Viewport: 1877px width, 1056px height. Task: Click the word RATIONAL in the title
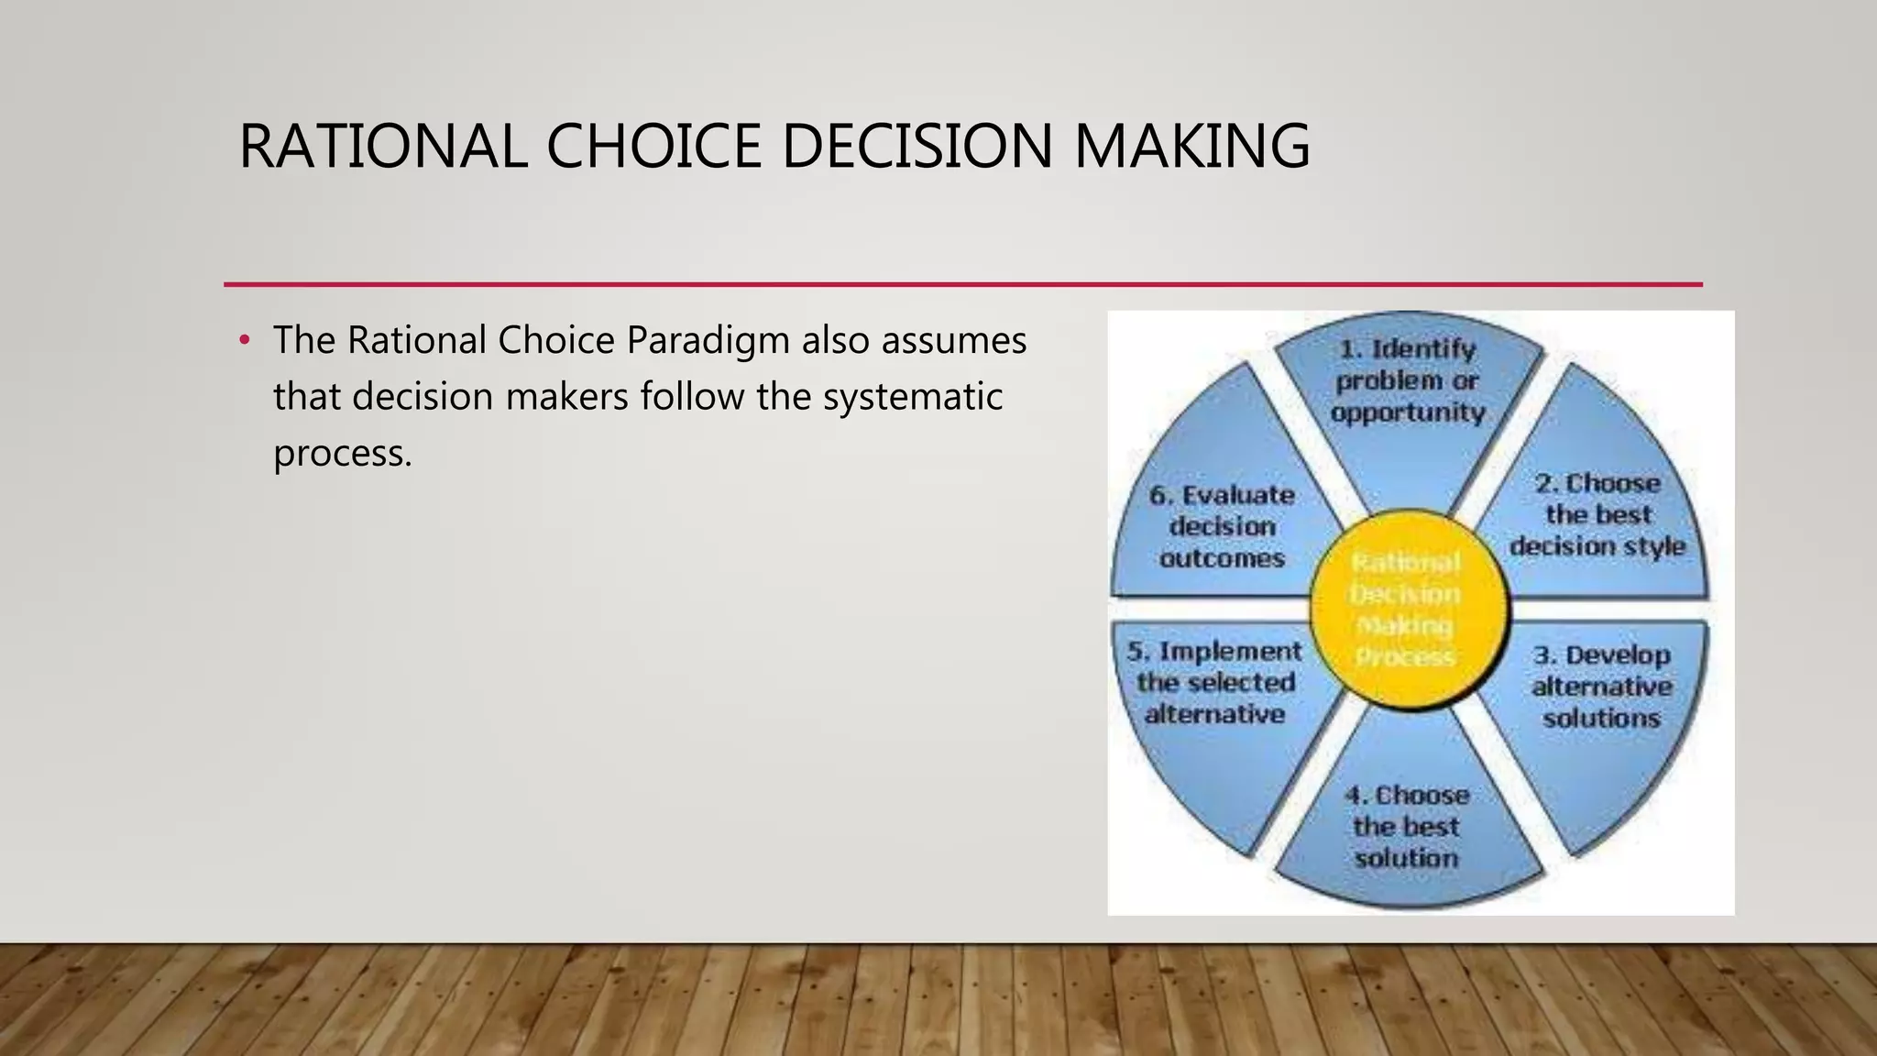click(x=382, y=147)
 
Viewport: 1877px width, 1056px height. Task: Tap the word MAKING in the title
click(x=1191, y=147)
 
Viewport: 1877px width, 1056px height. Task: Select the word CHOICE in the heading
click(x=653, y=147)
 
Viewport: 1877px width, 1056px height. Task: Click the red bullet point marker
click(x=244, y=341)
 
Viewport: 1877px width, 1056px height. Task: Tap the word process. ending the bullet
click(x=343, y=454)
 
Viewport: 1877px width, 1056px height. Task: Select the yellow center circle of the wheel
click(x=1408, y=610)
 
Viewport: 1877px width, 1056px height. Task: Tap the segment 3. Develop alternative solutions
click(x=1599, y=706)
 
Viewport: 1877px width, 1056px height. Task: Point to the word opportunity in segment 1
click(x=1408, y=413)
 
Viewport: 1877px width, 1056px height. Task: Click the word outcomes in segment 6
click(x=1222, y=558)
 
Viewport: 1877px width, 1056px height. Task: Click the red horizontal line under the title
click(x=962, y=284)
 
